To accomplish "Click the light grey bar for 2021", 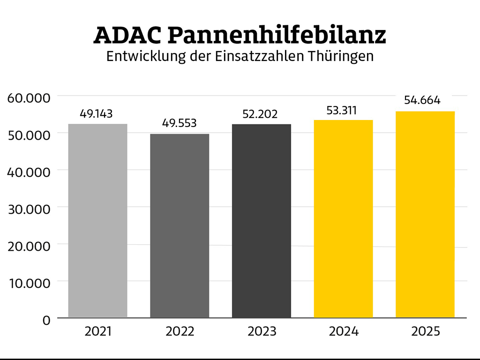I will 97,220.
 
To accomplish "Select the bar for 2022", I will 180,225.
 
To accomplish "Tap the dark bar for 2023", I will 262,220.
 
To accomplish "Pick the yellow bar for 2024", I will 343,218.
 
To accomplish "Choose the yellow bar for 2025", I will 425,214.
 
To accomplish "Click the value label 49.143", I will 96,113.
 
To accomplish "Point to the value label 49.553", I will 180,123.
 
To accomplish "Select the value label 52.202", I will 260,114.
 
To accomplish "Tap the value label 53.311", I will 342,111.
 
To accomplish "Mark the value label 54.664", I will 422,100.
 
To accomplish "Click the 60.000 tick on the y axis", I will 29,98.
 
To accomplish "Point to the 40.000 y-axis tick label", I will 29,172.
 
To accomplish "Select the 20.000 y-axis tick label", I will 29,246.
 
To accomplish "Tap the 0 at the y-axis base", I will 46,320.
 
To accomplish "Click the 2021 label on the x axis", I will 98,331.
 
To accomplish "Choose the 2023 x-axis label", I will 262,331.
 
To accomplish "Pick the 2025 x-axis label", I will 426,331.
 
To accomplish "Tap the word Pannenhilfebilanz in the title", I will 277,36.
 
